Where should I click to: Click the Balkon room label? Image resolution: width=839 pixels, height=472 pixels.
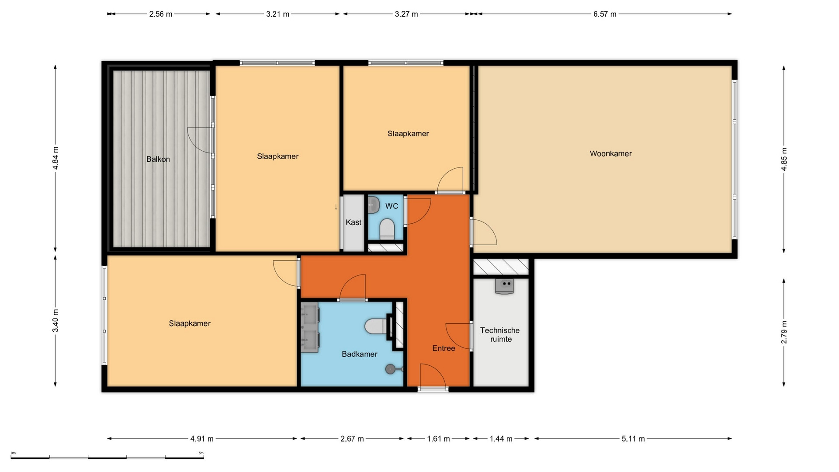click(x=158, y=159)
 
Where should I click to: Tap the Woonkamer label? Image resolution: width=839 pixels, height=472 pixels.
click(x=610, y=153)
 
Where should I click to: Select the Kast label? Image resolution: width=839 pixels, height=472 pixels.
click(x=354, y=222)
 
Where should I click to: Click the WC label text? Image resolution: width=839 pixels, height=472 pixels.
click(x=392, y=206)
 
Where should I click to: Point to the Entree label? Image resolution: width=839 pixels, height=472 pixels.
click(x=444, y=348)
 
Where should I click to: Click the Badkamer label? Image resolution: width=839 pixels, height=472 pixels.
click(x=360, y=354)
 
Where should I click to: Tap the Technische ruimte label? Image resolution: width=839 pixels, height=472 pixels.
click(x=500, y=335)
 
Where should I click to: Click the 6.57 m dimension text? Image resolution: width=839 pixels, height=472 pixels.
click(x=605, y=14)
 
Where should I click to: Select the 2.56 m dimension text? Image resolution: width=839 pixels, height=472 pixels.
click(x=161, y=14)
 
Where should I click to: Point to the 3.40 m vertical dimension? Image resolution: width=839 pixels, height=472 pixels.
click(x=55, y=320)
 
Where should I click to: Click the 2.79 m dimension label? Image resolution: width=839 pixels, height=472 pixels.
click(x=784, y=332)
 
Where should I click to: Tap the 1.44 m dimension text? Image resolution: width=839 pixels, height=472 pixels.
click(x=501, y=439)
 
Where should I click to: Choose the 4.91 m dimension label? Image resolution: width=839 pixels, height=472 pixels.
click(x=202, y=439)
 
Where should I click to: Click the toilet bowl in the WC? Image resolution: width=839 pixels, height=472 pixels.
click(x=387, y=229)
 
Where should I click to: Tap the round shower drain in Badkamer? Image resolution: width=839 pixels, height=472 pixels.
click(x=390, y=369)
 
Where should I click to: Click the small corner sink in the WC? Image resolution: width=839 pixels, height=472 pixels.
click(x=374, y=205)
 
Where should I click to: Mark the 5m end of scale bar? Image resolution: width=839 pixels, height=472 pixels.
click(x=204, y=458)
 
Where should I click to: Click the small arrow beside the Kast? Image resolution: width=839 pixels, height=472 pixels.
click(x=336, y=207)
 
